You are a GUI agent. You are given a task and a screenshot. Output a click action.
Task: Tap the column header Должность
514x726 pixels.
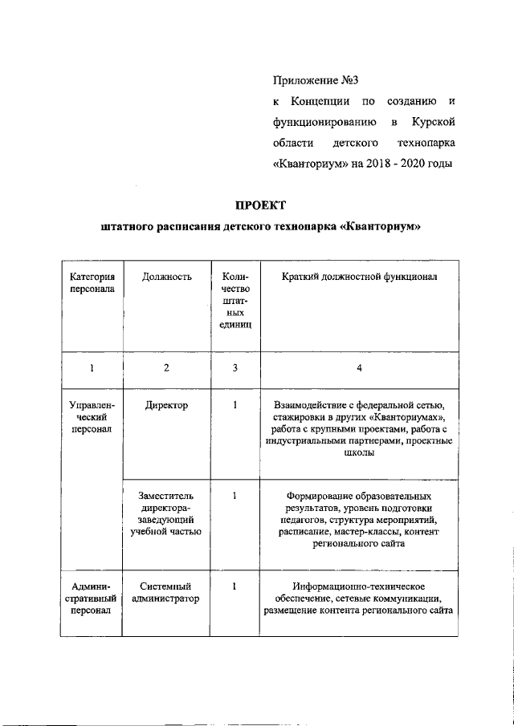(x=166, y=277)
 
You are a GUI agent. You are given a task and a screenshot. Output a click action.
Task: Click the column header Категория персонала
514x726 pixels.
(x=92, y=283)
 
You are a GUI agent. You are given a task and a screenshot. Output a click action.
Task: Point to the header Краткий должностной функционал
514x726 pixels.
(x=359, y=277)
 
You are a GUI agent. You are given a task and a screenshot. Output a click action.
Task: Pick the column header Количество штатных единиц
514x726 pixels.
(x=235, y=301)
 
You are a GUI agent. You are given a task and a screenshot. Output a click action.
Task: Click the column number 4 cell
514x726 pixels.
(x=360, y=368)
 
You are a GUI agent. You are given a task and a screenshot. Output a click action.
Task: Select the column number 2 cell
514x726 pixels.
(x=166, y=368)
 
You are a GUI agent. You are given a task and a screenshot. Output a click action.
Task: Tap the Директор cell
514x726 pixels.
(x=166, y=405)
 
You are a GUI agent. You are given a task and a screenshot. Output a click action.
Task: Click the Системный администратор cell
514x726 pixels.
(x=166, y=593)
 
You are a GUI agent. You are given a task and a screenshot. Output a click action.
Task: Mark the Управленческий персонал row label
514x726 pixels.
(x=92, y=418)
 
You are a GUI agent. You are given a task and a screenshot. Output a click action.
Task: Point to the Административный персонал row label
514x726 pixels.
(x=92, y=599)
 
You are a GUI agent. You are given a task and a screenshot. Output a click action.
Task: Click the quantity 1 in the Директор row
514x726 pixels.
(x=235, y=405)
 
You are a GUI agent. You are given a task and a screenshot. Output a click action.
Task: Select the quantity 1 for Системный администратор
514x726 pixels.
(x=235, y=586)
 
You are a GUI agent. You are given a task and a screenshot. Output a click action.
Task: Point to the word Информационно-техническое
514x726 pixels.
(x=359, y=586)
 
